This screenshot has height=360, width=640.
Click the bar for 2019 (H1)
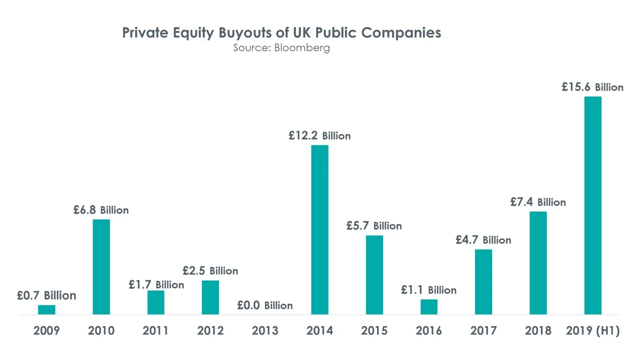592,205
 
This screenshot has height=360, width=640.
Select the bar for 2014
320,229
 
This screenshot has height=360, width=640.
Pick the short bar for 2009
47,309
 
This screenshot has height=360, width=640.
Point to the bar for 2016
428,306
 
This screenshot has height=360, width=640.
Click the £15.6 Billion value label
592,87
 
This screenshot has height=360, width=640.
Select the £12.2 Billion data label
319,135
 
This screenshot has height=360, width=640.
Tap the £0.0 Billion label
264,305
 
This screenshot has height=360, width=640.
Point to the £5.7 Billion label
374,225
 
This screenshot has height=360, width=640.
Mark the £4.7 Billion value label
483,240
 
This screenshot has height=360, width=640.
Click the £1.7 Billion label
156,284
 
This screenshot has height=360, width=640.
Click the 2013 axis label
265,330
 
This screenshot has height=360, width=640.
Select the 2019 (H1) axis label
592,330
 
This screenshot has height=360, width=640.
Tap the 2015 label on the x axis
374,330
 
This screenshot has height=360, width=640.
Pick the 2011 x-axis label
155,330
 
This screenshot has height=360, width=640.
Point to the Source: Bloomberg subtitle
281,48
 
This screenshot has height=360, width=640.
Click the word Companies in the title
401,33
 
